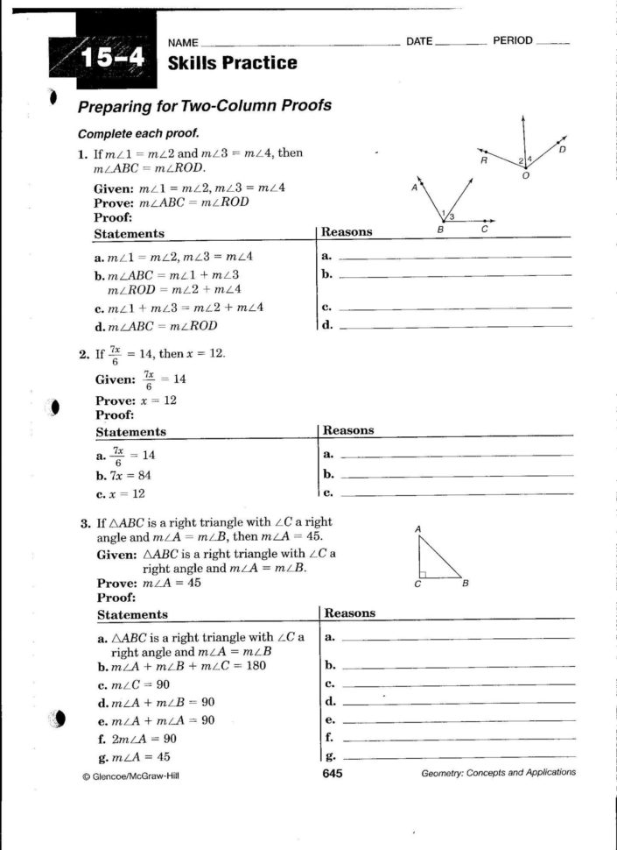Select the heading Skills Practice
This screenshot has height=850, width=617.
232,63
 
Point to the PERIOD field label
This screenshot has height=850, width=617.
513,41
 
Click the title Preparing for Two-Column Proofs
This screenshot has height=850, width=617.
205,106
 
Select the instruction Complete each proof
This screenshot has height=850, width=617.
138,134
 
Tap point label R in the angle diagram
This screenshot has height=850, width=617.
483,160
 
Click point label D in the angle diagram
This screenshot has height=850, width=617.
562,150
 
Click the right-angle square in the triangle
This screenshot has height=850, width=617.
423,575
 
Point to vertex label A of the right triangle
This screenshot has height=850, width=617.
418,528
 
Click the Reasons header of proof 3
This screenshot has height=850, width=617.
349,613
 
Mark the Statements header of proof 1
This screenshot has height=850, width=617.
129,234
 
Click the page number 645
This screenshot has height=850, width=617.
332,773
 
